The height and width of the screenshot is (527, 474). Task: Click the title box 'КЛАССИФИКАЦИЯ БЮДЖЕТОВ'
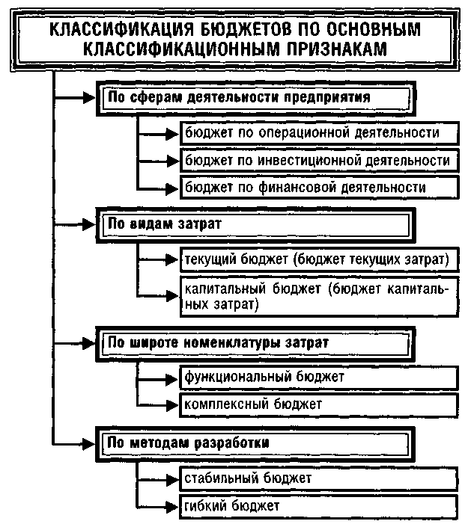(236, 38)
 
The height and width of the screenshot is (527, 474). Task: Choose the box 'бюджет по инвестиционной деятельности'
(317, 160)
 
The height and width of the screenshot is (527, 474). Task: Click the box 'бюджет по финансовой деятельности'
(317, 187)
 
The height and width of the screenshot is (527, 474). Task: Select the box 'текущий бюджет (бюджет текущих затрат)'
(317, 259)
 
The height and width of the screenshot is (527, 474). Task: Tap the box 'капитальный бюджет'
(317, 297)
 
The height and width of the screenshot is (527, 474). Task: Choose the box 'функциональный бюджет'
(317, 376)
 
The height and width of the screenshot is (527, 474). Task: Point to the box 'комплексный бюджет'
(317, 404)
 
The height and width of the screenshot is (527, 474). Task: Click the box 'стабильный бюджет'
(317, 477)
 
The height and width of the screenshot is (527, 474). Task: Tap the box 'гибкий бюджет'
(317, 505)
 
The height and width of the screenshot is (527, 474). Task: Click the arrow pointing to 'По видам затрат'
(75, 223)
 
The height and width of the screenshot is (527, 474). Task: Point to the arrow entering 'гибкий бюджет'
(157, 505)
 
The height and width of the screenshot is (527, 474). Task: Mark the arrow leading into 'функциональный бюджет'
(157, 376)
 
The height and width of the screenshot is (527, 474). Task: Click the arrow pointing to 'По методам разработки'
(75, 443)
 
